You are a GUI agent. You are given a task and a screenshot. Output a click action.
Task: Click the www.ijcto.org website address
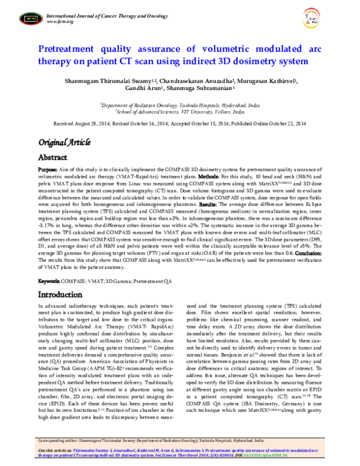[60, 22]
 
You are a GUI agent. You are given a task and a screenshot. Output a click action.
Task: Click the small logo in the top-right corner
[329, 19]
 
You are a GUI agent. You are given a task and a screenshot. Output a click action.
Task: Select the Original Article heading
[65, 142]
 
